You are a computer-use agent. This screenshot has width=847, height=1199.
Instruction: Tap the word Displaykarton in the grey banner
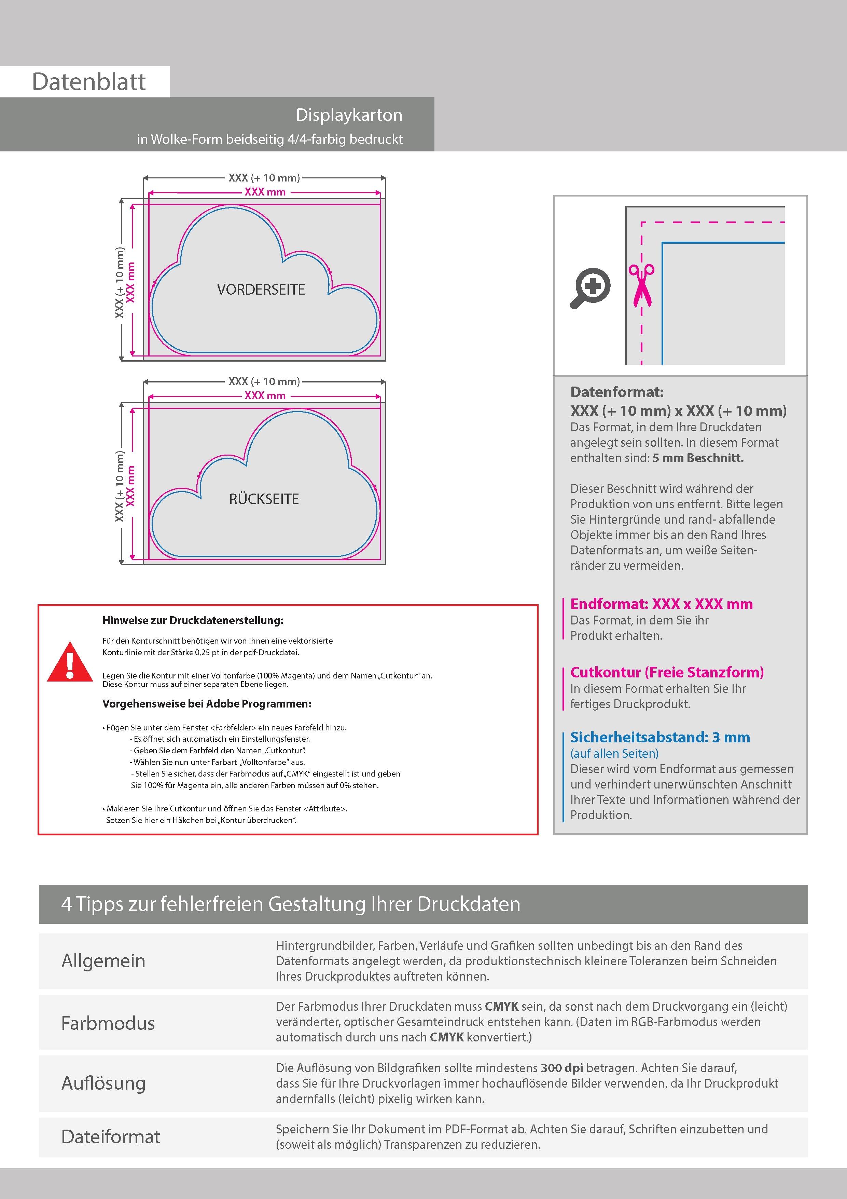(x=349, y=115)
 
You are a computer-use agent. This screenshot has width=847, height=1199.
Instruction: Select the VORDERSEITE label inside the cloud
(x=261, y=289)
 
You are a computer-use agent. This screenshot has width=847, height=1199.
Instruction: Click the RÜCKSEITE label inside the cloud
(x=264, y=499)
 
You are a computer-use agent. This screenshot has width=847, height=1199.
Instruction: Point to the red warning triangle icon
(x=70, y=662)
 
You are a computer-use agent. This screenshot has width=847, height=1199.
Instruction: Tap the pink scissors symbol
(x=641, y=285)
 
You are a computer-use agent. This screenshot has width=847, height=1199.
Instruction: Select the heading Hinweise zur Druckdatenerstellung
(x=193, y=620)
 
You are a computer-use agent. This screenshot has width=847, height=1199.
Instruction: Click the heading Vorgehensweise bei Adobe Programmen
(x=207, y=703)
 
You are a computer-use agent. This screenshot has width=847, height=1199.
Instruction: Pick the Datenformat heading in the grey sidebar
(x=617, y=392)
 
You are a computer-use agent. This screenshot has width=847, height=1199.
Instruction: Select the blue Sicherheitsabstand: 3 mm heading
(x=659, y=737)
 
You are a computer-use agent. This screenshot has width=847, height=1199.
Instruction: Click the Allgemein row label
(x=103, y=961)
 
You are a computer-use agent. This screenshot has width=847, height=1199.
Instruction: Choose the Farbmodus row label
(x=108, y=1023)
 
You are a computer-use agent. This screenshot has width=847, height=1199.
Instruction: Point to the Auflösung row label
(x=103, y=1083)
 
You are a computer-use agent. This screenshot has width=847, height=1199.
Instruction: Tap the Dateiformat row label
(x=111, y=1137)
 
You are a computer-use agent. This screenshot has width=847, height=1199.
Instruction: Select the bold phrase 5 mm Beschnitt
(x=698, y=458)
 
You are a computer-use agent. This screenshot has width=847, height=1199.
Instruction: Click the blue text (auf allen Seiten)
(x=614, y=754)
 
